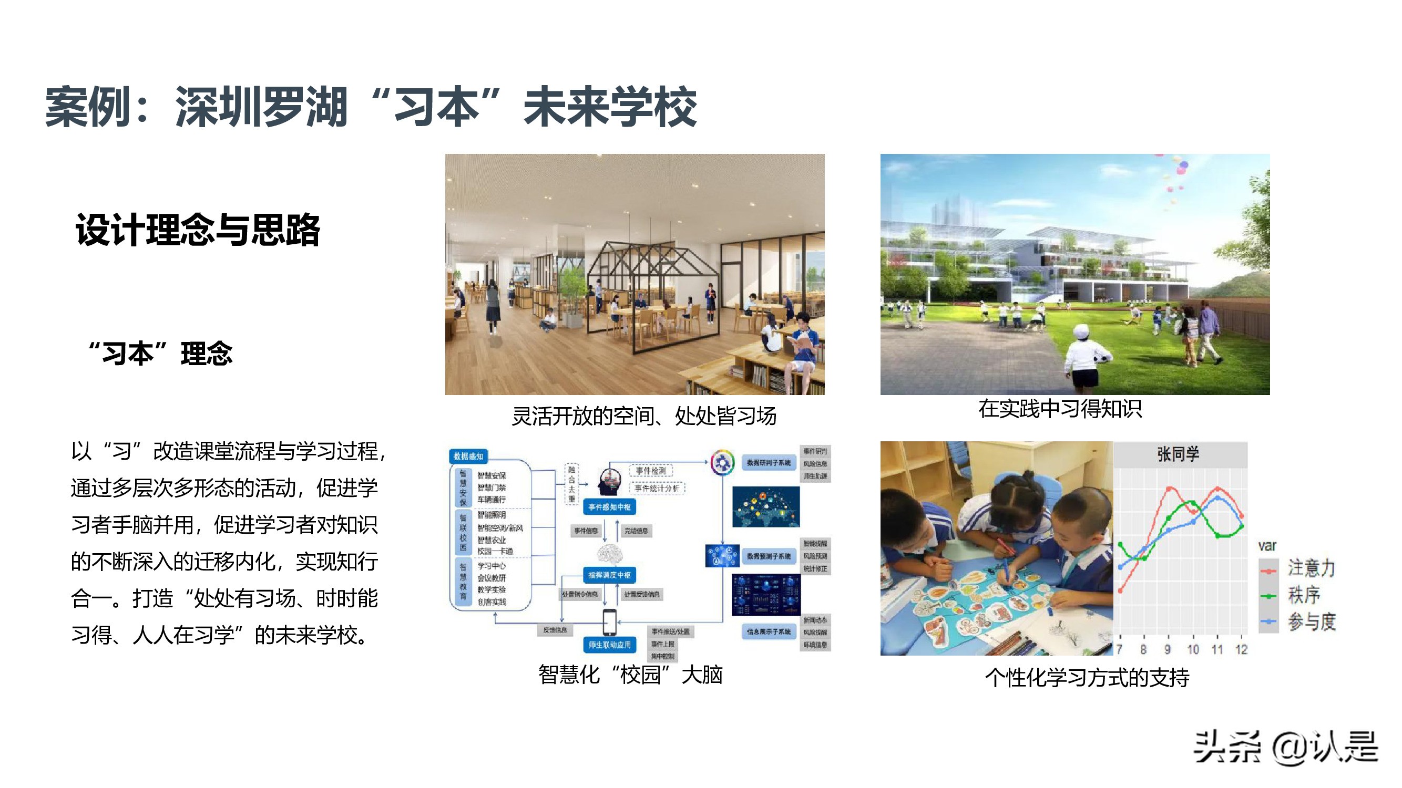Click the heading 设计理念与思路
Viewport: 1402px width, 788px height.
[x=198, y=230]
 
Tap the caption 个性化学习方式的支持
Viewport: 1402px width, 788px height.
[x=1087, y=678]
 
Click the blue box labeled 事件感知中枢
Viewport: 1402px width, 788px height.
[x=609, y=507]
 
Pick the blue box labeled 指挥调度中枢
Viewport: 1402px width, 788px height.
[x=609, y=575]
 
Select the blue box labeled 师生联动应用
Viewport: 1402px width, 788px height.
[x=609, y=645]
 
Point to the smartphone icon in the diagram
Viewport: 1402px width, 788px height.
[x=609, y=621]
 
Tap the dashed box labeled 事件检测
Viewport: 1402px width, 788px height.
[x=650, y=470]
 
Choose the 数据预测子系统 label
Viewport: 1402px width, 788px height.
[x=768, y=556]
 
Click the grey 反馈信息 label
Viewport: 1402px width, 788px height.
[x=555, y=630]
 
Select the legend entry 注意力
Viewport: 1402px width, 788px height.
[x=1311, y=568]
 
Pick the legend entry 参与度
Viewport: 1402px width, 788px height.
[x=1311, y=621]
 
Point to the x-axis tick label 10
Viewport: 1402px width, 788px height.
[x=1193, y=649]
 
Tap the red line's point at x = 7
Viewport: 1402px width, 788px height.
[x=1121, y=590]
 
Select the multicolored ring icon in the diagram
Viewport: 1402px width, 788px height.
[x=722, y=462]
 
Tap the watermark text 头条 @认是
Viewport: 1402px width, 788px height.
[x=1285, y=747]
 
